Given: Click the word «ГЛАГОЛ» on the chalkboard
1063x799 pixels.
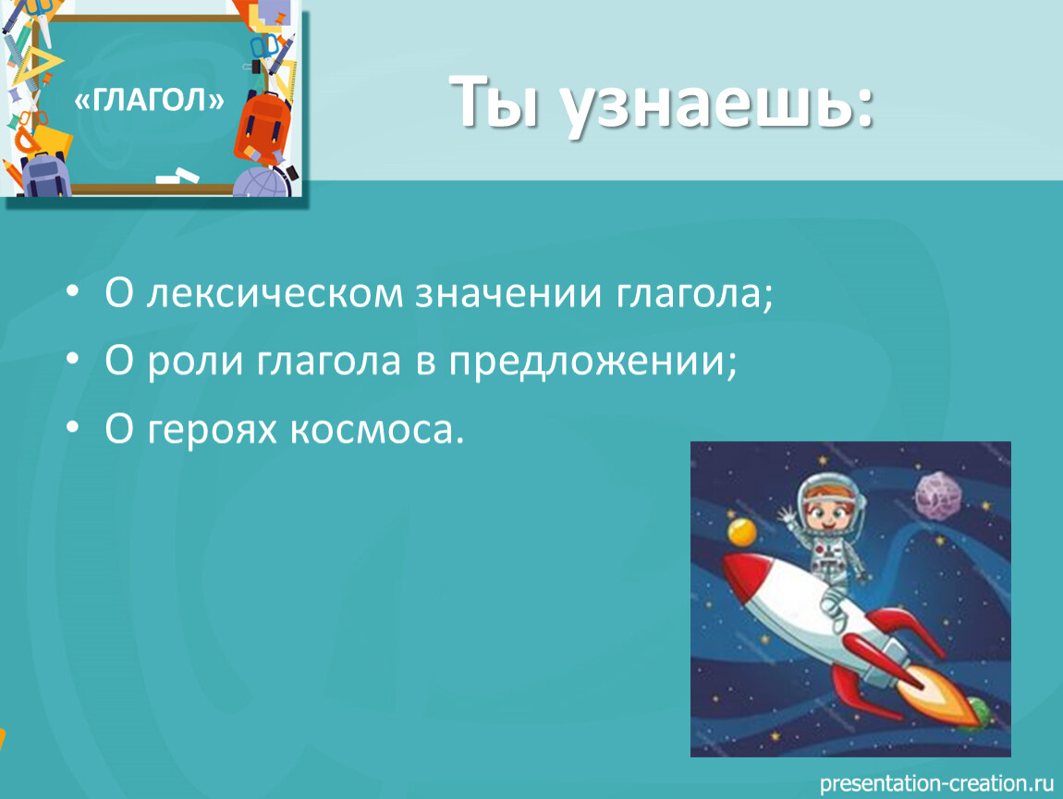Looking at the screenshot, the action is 149,101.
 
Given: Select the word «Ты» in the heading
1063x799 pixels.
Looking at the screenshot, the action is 495,101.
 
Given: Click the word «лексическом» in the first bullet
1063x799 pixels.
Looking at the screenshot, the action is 275,294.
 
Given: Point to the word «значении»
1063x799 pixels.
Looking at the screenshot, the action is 508,294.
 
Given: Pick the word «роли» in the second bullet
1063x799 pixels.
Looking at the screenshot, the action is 195,362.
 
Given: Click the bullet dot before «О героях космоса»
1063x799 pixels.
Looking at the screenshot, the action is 72,427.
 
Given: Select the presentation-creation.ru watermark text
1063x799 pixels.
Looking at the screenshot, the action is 936,783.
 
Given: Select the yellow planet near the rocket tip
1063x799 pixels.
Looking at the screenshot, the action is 742,531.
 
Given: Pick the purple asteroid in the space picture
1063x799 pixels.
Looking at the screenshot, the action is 936,496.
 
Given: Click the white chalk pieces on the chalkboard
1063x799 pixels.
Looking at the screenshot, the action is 177,176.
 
